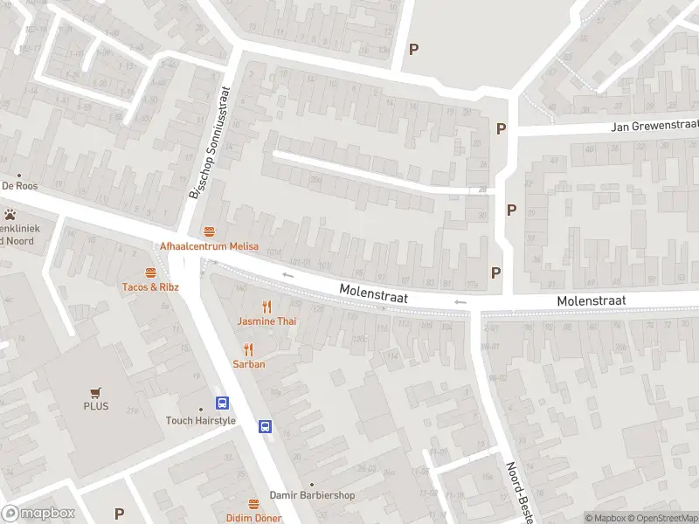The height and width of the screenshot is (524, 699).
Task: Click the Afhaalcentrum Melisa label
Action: tap(209, 246)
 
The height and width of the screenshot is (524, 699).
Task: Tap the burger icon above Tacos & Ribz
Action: tap(150, 272)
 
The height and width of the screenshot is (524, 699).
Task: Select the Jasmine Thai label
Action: tap(266, 321)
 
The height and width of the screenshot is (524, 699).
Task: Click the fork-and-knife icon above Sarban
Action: tap(248, 349)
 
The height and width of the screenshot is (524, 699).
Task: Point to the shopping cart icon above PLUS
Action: tap(96, 392)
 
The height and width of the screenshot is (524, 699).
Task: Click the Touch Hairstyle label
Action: tap(201, 420)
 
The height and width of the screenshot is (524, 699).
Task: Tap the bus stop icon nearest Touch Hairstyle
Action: tap(223, 403)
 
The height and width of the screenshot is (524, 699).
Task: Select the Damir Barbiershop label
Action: tap(312, 495)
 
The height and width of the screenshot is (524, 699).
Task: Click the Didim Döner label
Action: tap(253, 518)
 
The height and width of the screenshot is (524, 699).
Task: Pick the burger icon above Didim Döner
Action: tap(253, 504)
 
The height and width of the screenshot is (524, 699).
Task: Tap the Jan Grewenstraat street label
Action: tap(655, 127)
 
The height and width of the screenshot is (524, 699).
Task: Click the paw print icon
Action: tap(10, 214)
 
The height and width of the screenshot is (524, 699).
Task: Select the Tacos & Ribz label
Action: tap(150, 286)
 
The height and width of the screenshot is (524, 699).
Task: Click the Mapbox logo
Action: tap(38, 514)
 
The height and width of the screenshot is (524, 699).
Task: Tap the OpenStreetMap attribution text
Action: tap(661, 518)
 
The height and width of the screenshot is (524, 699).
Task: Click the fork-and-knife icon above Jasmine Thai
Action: tap(267, 307)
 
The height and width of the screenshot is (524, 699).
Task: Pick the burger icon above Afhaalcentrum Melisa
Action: tap(209, 231)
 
